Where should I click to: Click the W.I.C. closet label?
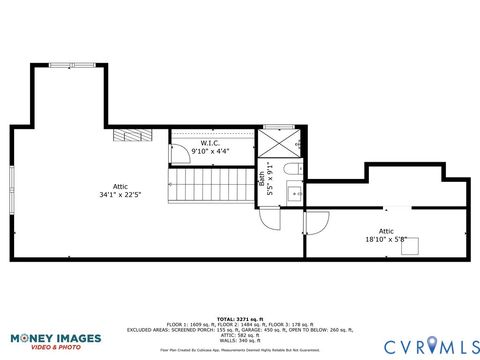210,143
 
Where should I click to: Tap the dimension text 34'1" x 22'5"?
120,194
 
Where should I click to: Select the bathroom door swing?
269,217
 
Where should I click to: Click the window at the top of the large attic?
75,66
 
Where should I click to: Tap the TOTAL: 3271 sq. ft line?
240,319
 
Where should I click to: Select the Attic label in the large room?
120,186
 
